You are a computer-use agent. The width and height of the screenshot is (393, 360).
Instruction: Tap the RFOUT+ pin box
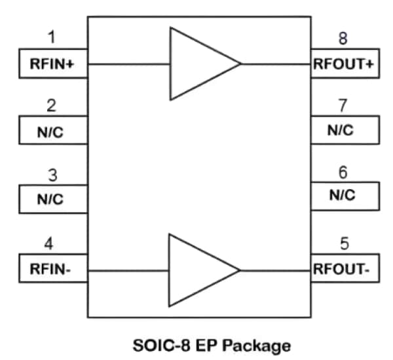pos(345,63)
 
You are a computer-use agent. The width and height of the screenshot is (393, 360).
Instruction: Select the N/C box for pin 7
pos(345,130)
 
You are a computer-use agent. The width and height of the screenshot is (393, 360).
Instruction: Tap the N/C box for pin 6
pos(345,195)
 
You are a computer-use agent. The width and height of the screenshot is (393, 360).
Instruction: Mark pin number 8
pos(343,38)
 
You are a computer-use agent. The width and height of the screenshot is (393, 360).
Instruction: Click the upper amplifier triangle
pos(196,63)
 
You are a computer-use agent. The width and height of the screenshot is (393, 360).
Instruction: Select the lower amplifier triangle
pos(196,270)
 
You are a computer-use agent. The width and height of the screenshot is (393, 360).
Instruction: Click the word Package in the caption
pos(259,344)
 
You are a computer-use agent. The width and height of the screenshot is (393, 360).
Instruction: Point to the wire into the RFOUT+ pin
pos(275,64)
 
